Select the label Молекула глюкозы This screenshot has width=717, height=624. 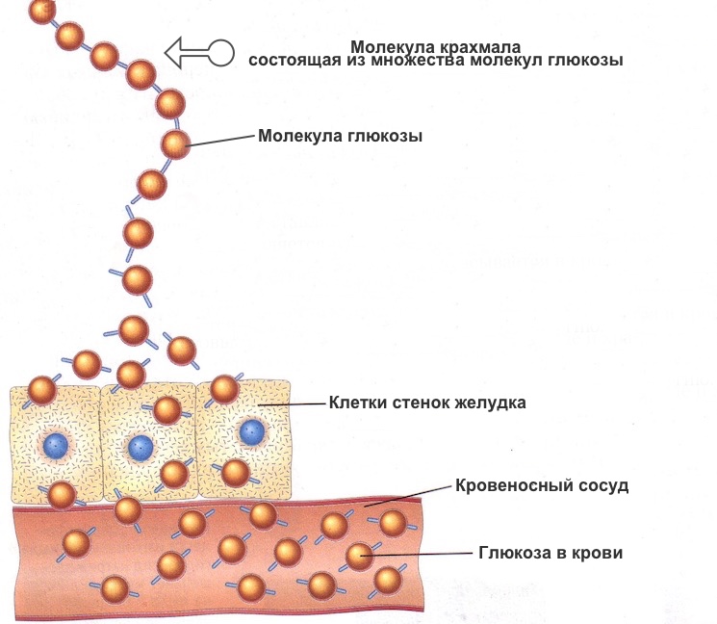click(x=341, y=136)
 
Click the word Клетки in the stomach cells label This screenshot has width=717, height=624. click(x=355, y=403)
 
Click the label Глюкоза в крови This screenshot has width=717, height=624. click(x=551, y=554)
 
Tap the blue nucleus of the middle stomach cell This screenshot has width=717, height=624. click(x=141, y=447)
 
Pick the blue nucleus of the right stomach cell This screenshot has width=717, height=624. click(x=252, y=430)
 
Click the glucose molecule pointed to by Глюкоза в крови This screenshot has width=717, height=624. click(x=359, y=556)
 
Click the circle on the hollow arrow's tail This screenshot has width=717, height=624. click(x=221, y=53)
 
